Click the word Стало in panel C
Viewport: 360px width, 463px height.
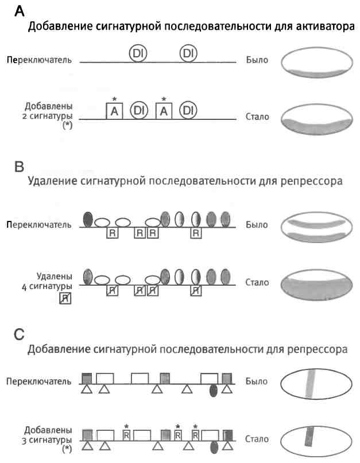[256, 439]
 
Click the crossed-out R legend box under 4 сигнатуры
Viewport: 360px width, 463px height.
[64, 298]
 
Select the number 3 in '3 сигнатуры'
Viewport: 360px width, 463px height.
[28, 439]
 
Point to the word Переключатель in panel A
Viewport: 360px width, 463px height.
[39, 60]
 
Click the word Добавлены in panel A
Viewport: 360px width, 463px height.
[48, 107]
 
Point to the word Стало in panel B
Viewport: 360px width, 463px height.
[256, 282]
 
